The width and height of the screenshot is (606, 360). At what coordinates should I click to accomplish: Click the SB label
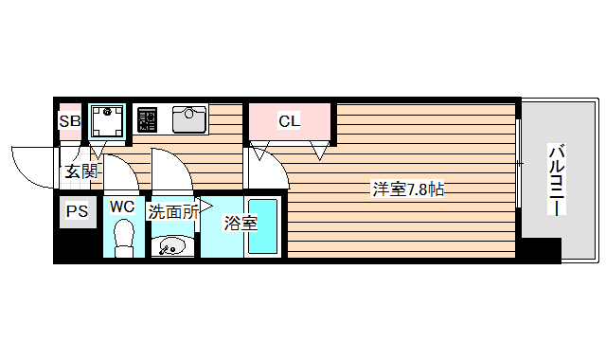click(70, 120)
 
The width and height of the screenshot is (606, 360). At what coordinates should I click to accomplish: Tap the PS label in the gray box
click(76, 212)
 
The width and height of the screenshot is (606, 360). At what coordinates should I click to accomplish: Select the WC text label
click(122, 206)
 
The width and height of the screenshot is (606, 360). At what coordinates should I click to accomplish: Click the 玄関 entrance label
click(80, 171)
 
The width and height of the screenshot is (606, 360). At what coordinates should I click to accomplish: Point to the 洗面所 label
click(172, 212)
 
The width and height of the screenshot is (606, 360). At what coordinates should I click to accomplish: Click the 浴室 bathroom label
click(240, 224)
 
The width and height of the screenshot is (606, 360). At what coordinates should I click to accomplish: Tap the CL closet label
click(289, 120)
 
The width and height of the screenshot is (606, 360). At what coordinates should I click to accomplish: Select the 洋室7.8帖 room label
click(407, 189)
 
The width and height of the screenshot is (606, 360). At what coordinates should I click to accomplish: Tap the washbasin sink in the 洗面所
click(171, 248)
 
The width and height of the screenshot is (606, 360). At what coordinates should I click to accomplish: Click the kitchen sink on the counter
click(190, 120)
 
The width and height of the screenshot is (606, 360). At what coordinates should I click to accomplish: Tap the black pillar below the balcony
click(539, 250)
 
